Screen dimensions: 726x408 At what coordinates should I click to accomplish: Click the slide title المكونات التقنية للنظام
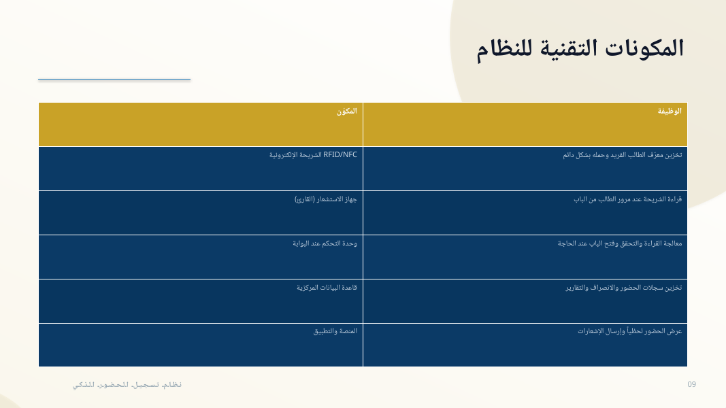pos(580,49)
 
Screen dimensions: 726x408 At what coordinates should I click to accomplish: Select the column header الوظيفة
pos(670,111)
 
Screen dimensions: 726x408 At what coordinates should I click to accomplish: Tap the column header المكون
pos(347,111)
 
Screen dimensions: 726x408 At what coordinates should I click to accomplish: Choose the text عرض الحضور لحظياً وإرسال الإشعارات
pos(629,331)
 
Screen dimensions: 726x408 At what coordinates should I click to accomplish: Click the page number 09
pos(692,384)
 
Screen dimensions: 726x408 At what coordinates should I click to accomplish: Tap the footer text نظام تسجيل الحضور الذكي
pos(127,385)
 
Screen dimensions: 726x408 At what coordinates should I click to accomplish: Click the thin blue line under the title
pos(114,79)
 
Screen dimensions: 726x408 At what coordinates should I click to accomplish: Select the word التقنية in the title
pos(567,48)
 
